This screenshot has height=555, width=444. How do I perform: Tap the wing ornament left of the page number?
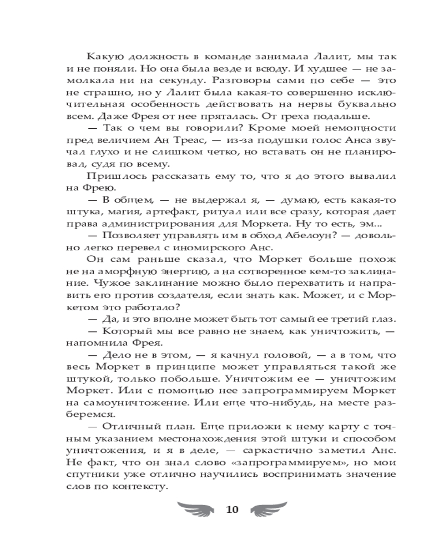194,508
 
